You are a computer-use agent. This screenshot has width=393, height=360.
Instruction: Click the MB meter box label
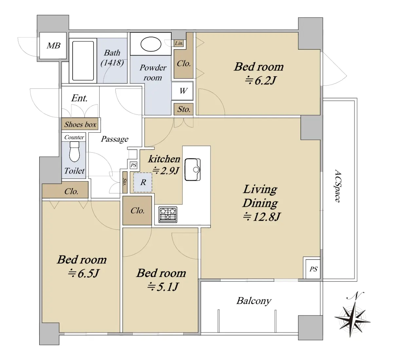tap(53, 46)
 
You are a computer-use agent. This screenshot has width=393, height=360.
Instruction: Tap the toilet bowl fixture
tap(74, 151)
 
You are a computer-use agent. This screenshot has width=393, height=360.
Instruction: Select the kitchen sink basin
tap(193, 169)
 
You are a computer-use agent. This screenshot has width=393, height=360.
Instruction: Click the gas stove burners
tap(168, 214)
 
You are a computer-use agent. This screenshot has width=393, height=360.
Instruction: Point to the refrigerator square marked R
tap(143, 182)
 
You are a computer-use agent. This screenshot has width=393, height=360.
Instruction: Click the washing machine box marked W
tap(182, 91)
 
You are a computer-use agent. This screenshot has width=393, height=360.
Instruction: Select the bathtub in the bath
tap(83, 61)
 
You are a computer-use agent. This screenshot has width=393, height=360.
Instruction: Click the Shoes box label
tap(80, 124)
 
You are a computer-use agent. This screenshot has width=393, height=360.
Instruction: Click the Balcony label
tap(254, 301)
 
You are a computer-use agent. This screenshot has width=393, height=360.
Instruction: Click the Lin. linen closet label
tap(179, 43)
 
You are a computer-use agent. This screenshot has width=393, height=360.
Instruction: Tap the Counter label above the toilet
tap(74, 137)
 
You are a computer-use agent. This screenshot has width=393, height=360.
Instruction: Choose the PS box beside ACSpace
tap(313, 269)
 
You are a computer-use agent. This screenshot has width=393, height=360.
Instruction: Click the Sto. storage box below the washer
tap(184, 109)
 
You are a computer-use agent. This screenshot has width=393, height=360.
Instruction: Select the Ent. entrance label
tap(79, 98)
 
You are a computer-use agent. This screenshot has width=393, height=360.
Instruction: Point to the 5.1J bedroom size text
tap(163, 287)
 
